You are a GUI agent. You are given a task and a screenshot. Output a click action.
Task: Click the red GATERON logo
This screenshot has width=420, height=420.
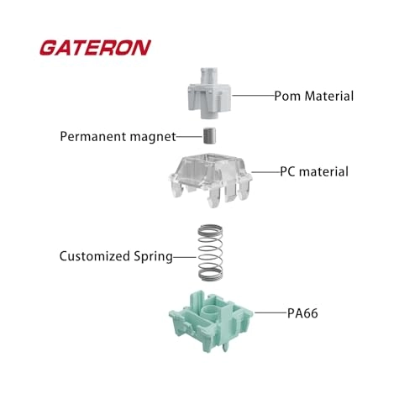(x=95, y=48)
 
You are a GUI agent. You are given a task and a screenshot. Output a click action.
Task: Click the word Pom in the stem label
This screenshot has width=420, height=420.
(x=287, y=96)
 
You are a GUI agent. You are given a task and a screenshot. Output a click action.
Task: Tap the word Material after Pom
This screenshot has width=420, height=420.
(x=329, y=96)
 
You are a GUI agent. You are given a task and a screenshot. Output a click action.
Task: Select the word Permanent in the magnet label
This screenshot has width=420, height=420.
(x=93, y=136)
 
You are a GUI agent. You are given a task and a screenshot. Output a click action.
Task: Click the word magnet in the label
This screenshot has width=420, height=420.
(x=153, y=137)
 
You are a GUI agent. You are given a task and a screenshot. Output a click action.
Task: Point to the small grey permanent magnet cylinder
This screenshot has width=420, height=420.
(x=210, y=136)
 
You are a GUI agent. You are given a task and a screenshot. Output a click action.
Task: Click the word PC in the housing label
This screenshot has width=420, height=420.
(x=287, y=171)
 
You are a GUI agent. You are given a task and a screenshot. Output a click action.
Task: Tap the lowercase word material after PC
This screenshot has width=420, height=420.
(x=323, y=171)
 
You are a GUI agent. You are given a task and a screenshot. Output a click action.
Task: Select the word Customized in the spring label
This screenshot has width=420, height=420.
(x=95, y=256)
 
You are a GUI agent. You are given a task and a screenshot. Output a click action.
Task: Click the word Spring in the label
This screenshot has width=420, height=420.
(x=153, y=257)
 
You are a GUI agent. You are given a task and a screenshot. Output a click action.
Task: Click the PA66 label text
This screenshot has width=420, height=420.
(x=302, y=313)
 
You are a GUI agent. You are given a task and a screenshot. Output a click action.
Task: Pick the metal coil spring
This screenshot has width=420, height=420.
(x=210, y=252)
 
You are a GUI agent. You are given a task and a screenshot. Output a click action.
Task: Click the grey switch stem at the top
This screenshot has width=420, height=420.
(x=209, y=93)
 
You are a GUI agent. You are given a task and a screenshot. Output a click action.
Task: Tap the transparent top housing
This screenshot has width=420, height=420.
(x=211, y=180)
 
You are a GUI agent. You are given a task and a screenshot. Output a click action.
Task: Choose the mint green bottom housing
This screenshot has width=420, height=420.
(x=211, y=321)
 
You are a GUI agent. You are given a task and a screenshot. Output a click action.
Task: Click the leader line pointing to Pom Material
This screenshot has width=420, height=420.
(x=253, y=96)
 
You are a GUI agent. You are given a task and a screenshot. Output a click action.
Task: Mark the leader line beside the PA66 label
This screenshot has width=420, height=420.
(x=271, y=312)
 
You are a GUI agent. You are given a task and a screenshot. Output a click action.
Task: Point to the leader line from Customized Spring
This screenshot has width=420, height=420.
(x=185, y=257)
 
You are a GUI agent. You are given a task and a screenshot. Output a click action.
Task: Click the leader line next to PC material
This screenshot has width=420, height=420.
(x=266, y=172)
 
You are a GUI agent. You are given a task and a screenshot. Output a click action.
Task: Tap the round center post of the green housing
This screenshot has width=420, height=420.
(x=208, y=312)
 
